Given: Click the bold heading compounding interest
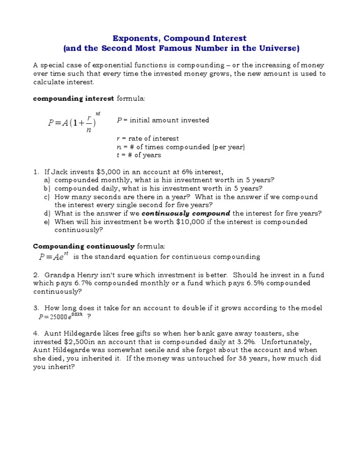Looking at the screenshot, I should point(73,98).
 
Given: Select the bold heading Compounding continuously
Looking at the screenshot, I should point(84,246).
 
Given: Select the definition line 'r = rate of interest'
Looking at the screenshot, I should point(147,139).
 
